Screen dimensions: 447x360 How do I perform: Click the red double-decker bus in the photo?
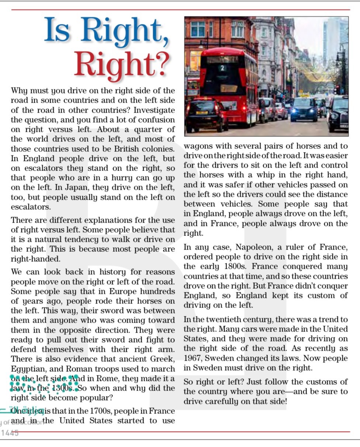point(229,85)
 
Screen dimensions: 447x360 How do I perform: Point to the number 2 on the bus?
point(222,68)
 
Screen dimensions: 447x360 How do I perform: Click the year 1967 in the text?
point(193,358)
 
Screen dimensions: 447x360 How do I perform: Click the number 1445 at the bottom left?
point(10,433)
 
